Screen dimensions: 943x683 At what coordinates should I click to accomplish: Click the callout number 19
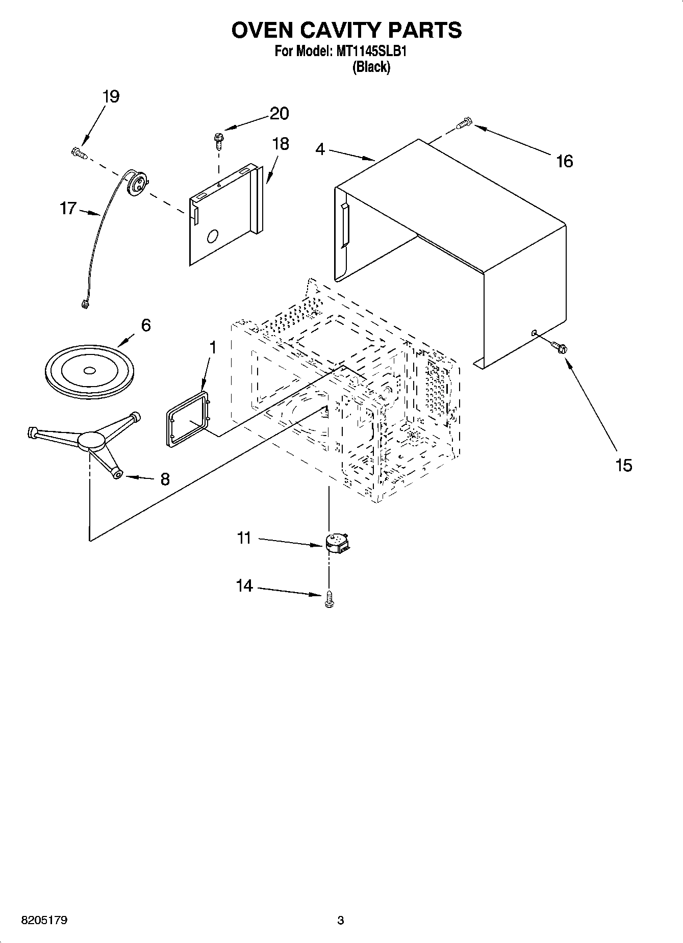click(111, 96)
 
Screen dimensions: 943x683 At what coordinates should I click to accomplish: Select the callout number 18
click(280, 144)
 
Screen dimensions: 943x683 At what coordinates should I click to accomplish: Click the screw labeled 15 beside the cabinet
click(559, 347)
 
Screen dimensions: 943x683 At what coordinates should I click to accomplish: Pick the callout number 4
click(320, 149)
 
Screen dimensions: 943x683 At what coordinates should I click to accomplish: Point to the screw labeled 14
click(328, 599)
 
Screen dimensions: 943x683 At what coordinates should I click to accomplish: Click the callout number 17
click(68, 209)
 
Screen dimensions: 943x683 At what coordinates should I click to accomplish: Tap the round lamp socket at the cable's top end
click(137, 183)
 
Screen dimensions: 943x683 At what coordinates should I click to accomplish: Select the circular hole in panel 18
click(213, 236)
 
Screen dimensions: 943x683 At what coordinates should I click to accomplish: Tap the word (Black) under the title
click(371, 67)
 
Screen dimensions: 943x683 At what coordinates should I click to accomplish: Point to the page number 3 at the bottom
click(341, 921)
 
